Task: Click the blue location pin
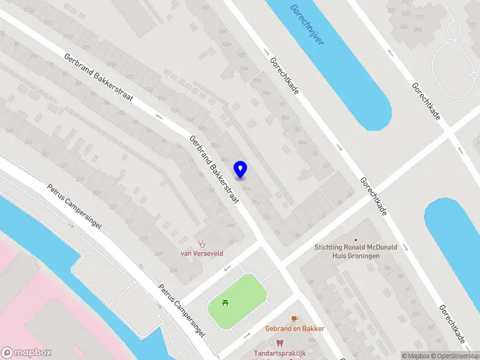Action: pyautogui.click(x=241, y=169)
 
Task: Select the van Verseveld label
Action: pyautogui.click(x=202, y=253)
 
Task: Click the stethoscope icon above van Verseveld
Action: pyautogui.click(x=202, y=244)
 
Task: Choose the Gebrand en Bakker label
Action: pyautogui.click(x=295, y=328)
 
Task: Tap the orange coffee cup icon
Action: pyautogui.click(x=294, y=319)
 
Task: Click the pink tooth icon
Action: pyautogui.click(x=278, y=343)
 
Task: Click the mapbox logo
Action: pyautogui.click(x=26, y=353)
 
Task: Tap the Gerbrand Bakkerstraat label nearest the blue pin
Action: pyautogui.click(x=214, y=169)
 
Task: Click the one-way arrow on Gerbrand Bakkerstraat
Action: pyautogui.click(x=159, y=116)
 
